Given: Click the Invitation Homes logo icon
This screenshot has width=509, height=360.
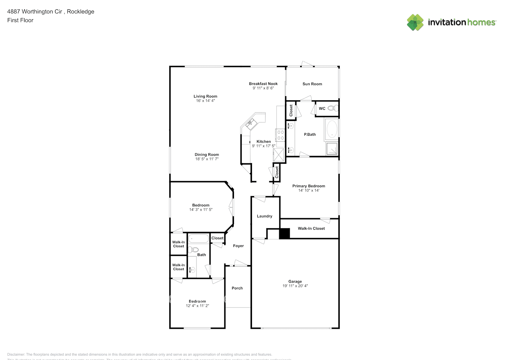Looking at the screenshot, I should pos(415,22).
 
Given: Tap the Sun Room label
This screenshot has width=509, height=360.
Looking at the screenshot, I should pos(312,84).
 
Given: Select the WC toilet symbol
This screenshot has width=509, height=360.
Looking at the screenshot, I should pos(333,108).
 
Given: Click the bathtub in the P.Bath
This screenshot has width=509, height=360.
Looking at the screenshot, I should pos(332,129).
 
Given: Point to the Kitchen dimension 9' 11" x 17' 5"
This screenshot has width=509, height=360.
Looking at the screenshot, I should pos(263,146).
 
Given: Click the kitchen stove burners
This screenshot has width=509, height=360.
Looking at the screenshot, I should pos(280,135).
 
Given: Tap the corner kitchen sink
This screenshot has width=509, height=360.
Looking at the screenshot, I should pos(251,123).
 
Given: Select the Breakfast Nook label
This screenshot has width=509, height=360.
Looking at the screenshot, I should pos(263,84).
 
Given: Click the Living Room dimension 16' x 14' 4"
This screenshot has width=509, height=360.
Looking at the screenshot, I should pos(205,101).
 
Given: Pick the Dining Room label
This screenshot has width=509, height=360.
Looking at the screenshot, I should pos(207,154).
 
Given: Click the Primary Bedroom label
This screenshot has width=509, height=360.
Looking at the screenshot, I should pos(308,186).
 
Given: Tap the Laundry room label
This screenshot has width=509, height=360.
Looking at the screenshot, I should pos(265,216).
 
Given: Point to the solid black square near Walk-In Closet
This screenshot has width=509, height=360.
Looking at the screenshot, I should pos(284,233).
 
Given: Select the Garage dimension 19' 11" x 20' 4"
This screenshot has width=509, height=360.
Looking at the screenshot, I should pos(295,286).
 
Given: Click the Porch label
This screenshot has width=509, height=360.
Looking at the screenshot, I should pos(237,288).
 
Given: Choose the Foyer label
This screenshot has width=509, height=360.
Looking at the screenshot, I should pos(238,246).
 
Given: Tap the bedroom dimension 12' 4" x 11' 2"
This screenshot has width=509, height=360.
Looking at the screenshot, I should pos(197,306).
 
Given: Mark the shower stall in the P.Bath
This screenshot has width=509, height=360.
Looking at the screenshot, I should pos(332,148).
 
